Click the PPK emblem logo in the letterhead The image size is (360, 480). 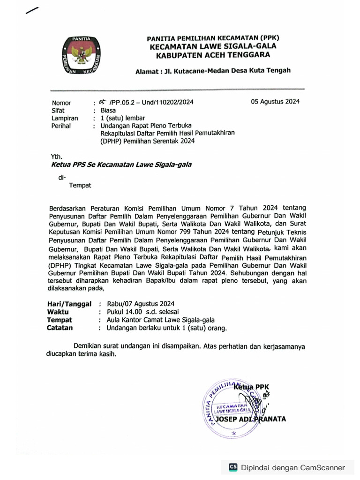click(x=83, y=55)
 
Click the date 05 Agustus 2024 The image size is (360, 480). click(x=275, y=102)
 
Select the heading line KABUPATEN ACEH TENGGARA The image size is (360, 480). click(x=213, y=55)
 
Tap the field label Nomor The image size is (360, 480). click(x=61, y=103)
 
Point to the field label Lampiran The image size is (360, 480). click(x=65, y=119)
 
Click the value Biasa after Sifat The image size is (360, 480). click(x=108, y=111)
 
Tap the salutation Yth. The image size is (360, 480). click(x=56, y=157)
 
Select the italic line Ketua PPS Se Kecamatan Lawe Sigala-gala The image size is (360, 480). click(x=121, y=165)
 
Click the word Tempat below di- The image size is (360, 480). click(x=80, y=185)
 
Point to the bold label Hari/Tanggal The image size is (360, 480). click(x=69, y=304)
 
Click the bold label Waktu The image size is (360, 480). click(x=58, y=312)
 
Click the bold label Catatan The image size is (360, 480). click(x=60, y=328)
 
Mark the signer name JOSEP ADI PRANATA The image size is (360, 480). click(x=253, y=419)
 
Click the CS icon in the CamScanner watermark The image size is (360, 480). click(x=233, y=467)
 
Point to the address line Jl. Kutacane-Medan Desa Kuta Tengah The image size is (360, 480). click(x=213, y=71)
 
